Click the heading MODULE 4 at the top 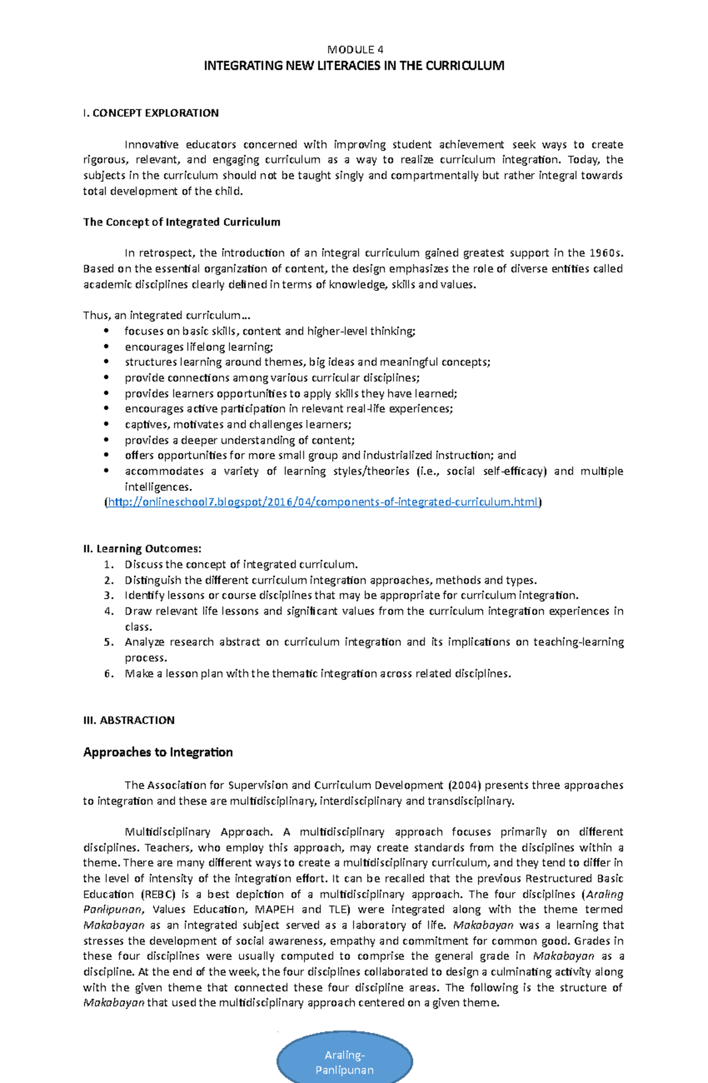tap(355, 50)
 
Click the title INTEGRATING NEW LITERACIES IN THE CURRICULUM tap(354, 66)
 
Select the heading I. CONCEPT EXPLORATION tap(151, 113)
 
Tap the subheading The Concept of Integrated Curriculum tap(182, 222)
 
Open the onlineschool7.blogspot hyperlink tap(323, 502)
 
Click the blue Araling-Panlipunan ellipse tap(345, 1062)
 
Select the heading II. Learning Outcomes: tap(142, 548)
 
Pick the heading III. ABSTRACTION tap(129, 720)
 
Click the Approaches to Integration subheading tap(158, 752)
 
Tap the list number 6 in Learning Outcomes tap(109, 673)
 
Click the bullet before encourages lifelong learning tap(107, 347)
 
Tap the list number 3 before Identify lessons tap(109, 596)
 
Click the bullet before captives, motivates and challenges tap(107, 424)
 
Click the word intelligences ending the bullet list tap(158, 487)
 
